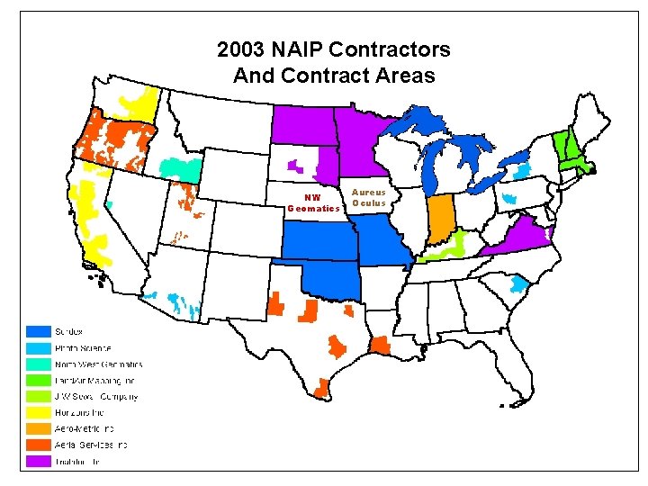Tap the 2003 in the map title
[246, 49]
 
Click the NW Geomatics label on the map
[313, 203]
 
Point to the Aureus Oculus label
[368, 197]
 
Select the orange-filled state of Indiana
[441, 219]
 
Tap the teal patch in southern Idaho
[180, 167]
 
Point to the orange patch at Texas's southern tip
[321, 387]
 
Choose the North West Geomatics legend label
[98, 364]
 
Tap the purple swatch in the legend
[39, 461]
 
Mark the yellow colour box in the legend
[39, 412]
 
